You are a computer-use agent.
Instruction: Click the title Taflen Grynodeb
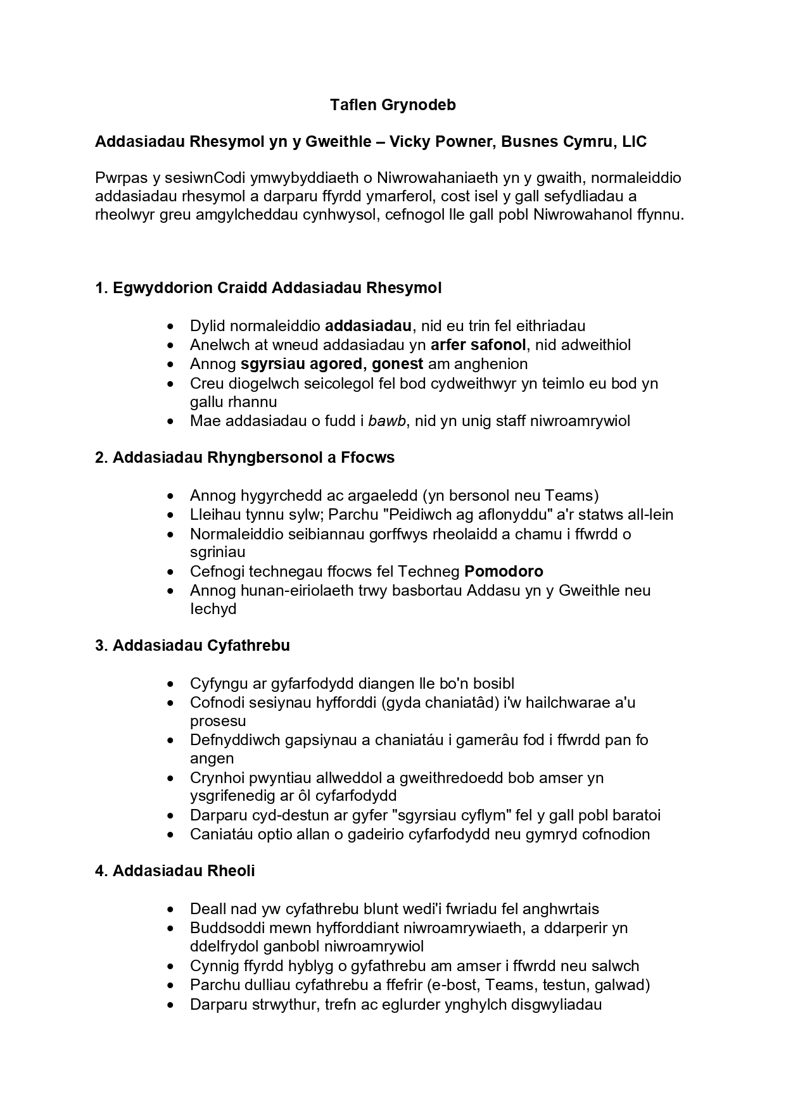[393, 105]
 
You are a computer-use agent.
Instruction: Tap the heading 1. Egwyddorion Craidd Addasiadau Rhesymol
[268, 288]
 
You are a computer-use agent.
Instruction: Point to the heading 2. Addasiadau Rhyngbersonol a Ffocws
[244, 458]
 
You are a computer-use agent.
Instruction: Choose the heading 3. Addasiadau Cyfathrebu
[192, 646]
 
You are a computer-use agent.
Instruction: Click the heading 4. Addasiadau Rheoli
[175, 871]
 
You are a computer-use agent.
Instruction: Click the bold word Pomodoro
[504, 572]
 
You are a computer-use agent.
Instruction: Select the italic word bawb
[387, 421]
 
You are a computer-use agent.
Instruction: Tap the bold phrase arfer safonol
[478, 345]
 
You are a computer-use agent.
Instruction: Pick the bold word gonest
[397, 364]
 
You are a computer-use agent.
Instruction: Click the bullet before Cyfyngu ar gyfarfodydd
[170, 684]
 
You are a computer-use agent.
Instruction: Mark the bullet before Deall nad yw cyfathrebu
[170, 910]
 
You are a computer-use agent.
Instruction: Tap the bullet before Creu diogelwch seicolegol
[170, 384]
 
